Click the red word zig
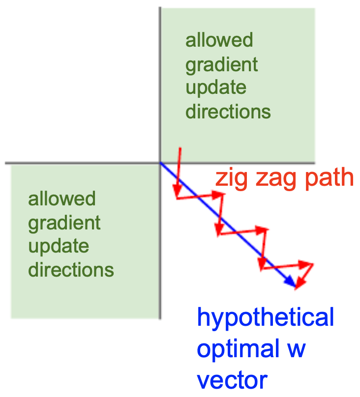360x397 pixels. pos(231,178)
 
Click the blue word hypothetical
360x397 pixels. pos(266,318)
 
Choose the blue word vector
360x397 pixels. pos(232,381)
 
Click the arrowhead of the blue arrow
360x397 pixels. pos(291,282)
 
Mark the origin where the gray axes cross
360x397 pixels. pos(160,163)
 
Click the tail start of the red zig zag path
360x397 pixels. pos(180,148)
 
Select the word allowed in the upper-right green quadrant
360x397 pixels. pos(219,40)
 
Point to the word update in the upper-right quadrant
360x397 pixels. pos(216,88)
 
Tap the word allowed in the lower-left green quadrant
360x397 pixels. pos(62,198)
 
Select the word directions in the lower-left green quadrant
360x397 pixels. pos(71,270)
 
